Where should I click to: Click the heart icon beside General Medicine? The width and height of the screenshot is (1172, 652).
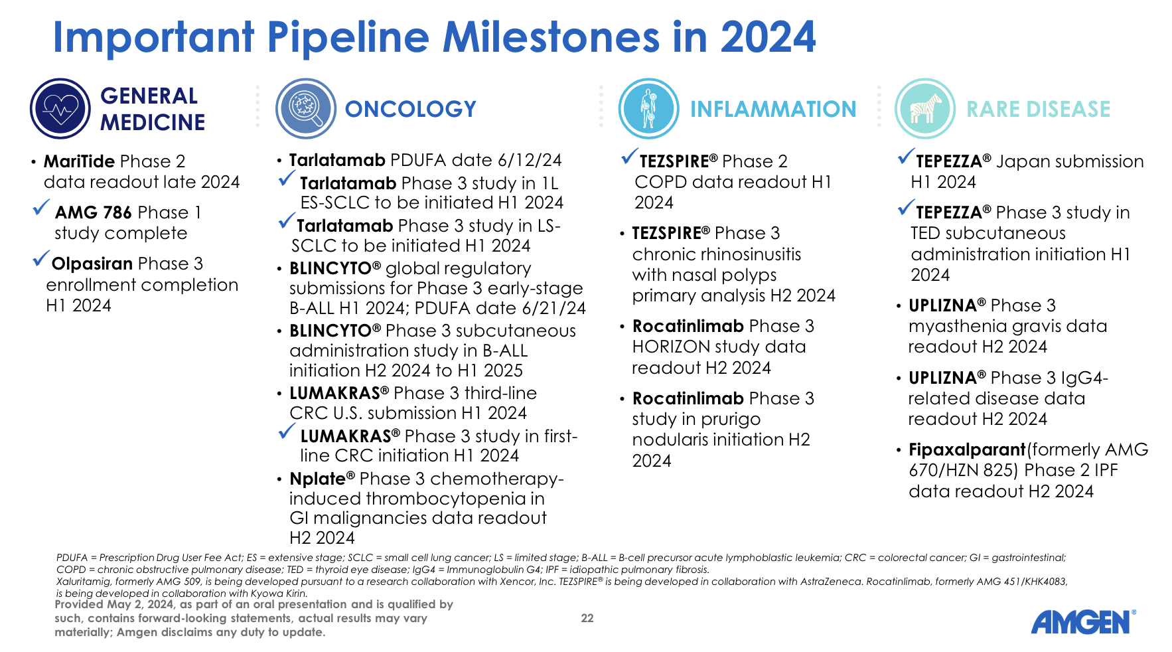pyautogui.click(x=60, y=109)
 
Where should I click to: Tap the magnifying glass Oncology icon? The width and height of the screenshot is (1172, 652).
pyautogui.click(x=306, y=109)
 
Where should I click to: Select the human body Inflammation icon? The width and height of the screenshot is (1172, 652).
pyautogui.click(x=648, y=109)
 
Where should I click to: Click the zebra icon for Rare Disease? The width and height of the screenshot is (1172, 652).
pyautogui.click(x=925, y=109)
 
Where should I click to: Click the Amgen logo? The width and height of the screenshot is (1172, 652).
pyautogui.click(x=1082, y=622)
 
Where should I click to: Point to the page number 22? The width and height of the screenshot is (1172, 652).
pyautogui.click(x=587, y=618)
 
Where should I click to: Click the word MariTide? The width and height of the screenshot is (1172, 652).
pyautogui.click(x=79, y=161)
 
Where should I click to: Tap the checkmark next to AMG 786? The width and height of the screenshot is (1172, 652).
pyautogui.click(x=41, y=208)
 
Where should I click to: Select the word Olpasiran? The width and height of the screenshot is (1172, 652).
pyautogui.click(x=92, y=264)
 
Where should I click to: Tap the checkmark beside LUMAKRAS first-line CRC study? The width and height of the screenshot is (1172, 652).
pyautogui.click(x=287, y=432)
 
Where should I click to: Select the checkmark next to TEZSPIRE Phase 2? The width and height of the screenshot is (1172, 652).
pyautogui.click(x=629, y=157)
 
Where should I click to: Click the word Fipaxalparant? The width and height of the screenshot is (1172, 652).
pyautogui.click(x=966, y=449)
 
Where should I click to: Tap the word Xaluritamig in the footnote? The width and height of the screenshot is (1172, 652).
pyautogui.click(x=83, y=582)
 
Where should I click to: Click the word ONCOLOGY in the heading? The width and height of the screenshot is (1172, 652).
pyautogui.click(x=410, y=109)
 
